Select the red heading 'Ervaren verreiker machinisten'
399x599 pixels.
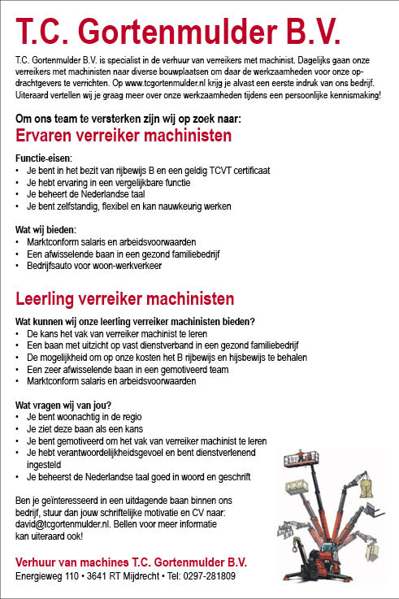click(x=124, y=135)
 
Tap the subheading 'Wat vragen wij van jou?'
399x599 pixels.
click(x=63, y=405)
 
